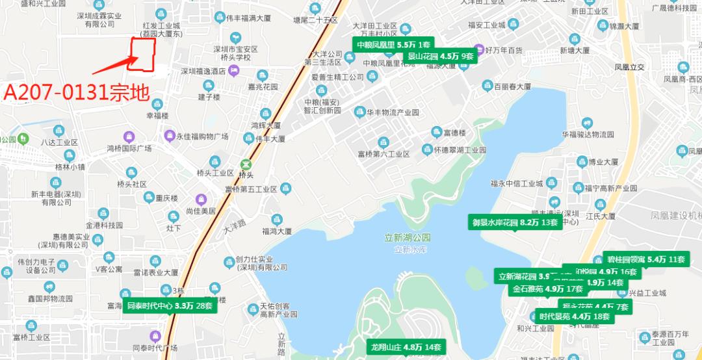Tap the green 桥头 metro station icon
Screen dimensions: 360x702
coord(245,165)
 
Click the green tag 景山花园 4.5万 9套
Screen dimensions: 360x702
coord(441,56)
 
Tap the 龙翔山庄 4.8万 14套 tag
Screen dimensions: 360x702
coord(406,346)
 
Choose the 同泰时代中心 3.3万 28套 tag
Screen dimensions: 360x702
coord(169,305)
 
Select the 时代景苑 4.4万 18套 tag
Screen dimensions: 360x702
coord(575,316)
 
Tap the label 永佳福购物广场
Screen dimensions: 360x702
coord(203,136)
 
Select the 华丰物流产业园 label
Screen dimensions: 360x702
coord(393,112)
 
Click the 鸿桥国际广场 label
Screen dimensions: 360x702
coord(129,149)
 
